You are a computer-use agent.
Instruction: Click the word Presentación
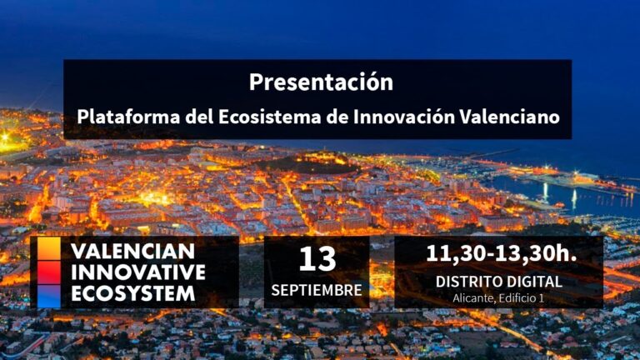coord(320,82)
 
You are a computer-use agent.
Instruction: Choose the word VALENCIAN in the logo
coord(133,251)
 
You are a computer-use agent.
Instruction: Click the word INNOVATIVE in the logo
coord(138,272)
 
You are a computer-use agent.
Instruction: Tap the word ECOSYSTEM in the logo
coord(133,293)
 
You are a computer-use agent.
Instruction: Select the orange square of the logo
coord(49,249)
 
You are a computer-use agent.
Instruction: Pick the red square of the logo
coord(49,272)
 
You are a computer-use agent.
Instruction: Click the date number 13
coord(317,259)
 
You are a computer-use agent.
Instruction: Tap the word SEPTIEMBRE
coord(317,291)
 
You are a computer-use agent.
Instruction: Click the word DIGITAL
coord(534,282)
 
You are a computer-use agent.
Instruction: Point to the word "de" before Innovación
coord(336,116)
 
